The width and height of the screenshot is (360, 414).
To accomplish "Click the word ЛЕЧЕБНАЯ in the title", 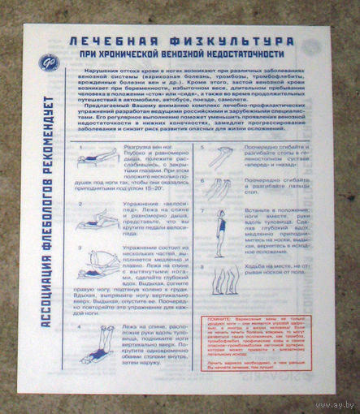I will click(x=108, y=40).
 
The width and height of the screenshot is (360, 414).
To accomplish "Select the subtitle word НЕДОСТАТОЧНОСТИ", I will click(x=245, y=54).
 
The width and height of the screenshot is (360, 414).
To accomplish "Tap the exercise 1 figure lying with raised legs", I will click(x=97, y=158).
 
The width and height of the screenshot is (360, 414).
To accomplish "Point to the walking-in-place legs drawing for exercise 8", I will click(x=219, y=281).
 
